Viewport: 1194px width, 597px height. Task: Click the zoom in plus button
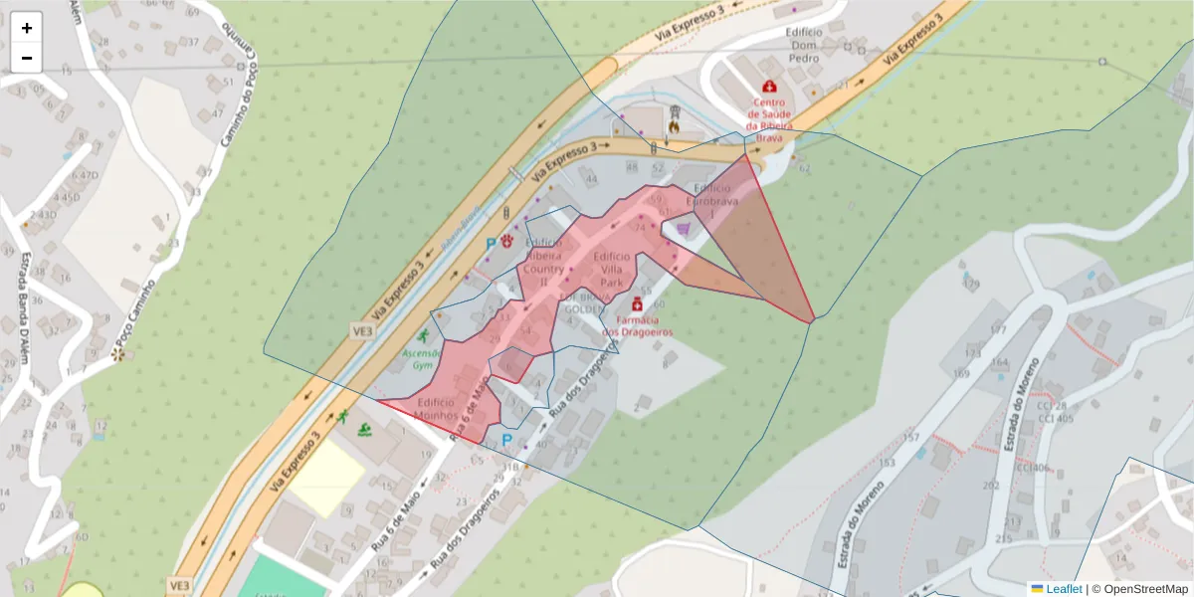(x=27, y=28)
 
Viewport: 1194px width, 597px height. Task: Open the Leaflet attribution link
(x=1064, y=589)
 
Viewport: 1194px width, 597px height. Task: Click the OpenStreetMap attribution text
(x=1145, y=589)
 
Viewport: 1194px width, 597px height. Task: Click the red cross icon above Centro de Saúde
(x=769, y=87)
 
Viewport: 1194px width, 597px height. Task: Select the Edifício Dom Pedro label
(x=804, y=45)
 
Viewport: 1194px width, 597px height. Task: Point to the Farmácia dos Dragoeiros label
(x=637, y=325)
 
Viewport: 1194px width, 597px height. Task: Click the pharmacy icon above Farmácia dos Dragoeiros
(x=637, y=303)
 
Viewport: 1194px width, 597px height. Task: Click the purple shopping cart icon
(x=684, y=230)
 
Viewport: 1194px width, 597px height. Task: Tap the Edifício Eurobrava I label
(x=713, y=194)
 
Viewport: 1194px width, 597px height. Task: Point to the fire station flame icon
(x=675, y=126)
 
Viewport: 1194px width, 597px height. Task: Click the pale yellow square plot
(x=326, y=478)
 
